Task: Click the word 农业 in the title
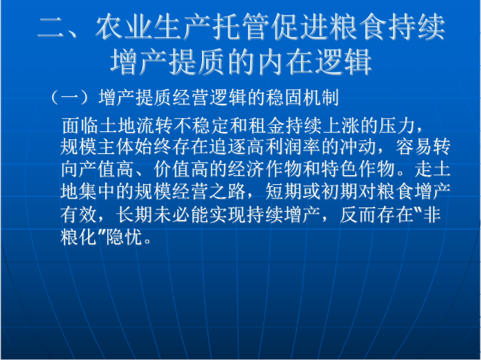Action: tap(124, 27)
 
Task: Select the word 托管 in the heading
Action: tap(240, 27)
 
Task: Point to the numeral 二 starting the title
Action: tap(51, 27)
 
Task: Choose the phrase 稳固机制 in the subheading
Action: tap(302, 98)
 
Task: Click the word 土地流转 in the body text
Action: tap(118, 126)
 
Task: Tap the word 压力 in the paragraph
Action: tap(397, 126)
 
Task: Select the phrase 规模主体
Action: tap(98, 146)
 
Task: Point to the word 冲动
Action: tap(359, 146)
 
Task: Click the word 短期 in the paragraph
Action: tap(284, 192)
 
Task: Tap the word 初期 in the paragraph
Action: tap(339, 192)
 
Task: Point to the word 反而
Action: tap(358, 214)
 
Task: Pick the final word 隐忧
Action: tap(124, 236)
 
